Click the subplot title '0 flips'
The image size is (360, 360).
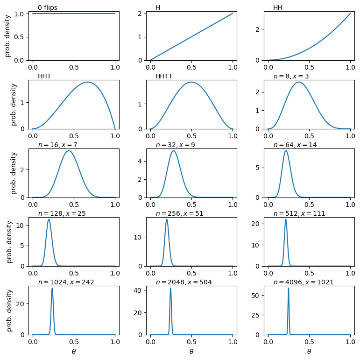tap(48, 7)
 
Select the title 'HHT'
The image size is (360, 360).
tap(45, 76)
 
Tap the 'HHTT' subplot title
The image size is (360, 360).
tap(164, 76)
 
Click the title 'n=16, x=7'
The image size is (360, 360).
tap(57, 145)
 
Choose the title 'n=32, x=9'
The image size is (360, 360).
tap(175, 145)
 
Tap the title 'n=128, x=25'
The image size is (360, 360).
tap(62, 213)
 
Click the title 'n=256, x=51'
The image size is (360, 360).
tap(179, 213)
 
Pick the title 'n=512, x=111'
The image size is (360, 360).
tap(299, 213)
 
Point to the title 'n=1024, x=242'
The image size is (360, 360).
tap(66, 282)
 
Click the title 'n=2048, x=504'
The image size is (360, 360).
tap(184, 282)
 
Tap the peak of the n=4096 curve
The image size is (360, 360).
tap(289, 288)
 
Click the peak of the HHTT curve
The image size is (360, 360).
tap(191, 82)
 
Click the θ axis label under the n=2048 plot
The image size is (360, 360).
tap(191, 351)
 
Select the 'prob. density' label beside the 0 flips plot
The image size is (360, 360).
tap(7, 35)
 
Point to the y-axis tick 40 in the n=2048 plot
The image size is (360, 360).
tap(140, 290)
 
